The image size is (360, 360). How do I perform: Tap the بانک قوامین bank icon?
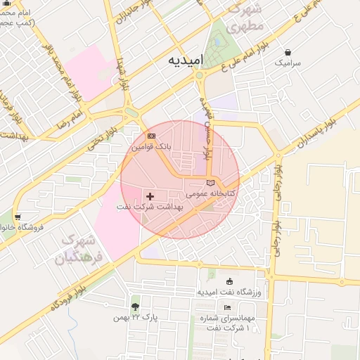(x=151, y=136)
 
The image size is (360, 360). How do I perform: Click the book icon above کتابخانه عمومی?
(x=211, y=182)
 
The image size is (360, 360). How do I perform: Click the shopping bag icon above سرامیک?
(x=288, y=52)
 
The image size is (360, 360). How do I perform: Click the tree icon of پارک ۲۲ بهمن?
(x=135, y=307)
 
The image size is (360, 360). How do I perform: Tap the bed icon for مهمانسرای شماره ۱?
(x=227, y=308)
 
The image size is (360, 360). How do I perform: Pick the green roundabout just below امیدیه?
(x=200, y=75)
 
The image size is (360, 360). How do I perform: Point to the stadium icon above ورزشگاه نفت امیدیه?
(x=229, y=281)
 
